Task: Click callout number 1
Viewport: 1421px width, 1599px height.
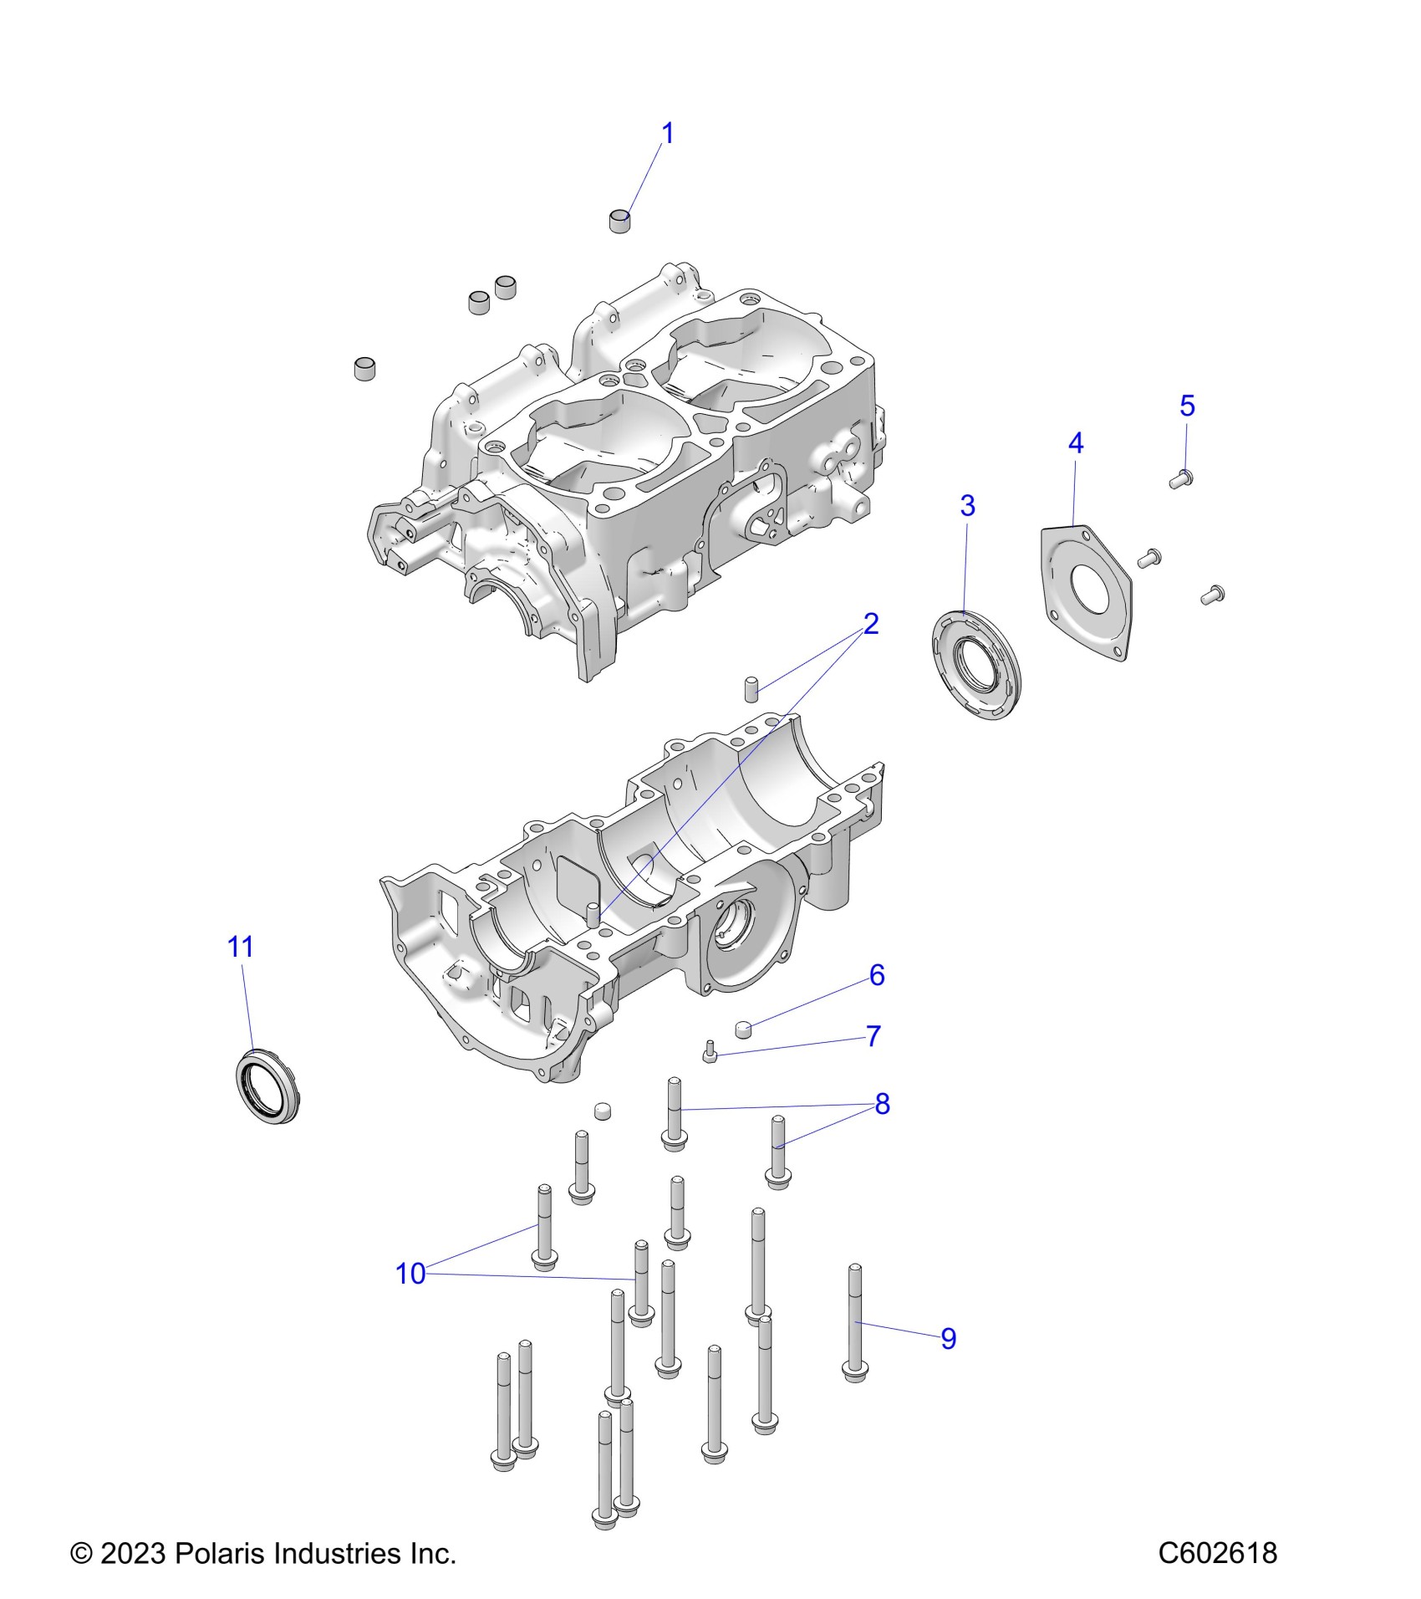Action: point(667,133)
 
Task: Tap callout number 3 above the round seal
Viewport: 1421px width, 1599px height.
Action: point(967,505)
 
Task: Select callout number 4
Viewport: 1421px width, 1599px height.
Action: point(1076,443)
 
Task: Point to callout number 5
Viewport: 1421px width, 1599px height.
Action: point(1187,406)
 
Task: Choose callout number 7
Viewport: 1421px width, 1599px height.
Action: point(873,1036)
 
